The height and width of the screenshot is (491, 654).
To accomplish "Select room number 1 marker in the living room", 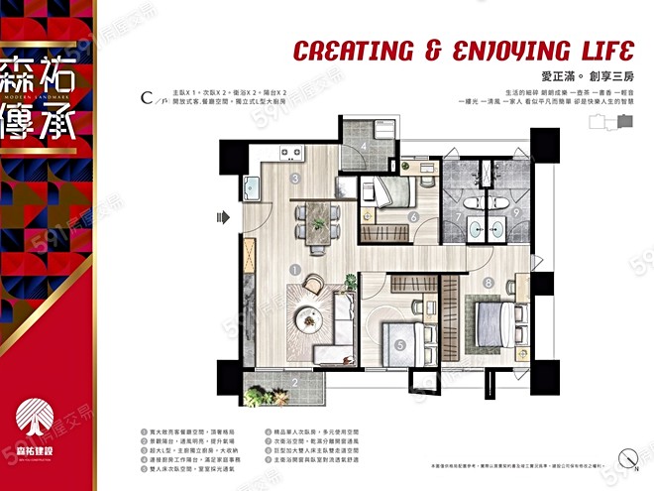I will click(295, 268).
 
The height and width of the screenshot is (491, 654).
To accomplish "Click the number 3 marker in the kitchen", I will click(295, 179).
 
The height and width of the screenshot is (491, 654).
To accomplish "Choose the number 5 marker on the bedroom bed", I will click(399, 345).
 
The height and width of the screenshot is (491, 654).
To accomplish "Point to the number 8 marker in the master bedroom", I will click(489, 282).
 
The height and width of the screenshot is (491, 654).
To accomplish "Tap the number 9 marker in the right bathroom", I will click(518, 211).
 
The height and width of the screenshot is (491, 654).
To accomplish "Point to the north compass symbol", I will click(626, 458).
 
